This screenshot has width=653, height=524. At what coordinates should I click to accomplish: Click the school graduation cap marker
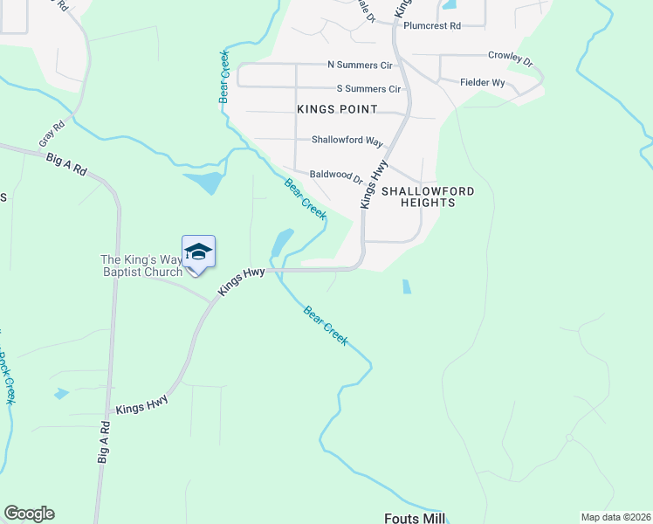pyautogui.click(x=198, y=252)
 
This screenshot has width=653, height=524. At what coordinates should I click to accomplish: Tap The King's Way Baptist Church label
pyautogui.click(x=141, y=265)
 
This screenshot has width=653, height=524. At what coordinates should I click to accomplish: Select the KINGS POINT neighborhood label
pyautogui.click(x=337, y=109)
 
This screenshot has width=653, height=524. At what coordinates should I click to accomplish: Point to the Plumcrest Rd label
pyautogui.click(x=431, y=26)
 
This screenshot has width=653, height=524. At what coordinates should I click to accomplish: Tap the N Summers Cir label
pyautogui.click(x=360, y=65)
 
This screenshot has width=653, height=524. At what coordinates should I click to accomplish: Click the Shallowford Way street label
pyautogui.click(x=348, y=141)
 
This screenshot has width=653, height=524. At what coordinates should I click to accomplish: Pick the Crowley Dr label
pyautogui.click(x=510, y=58)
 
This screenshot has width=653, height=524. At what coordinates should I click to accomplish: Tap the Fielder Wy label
pyautogui.click(x=483, y=83)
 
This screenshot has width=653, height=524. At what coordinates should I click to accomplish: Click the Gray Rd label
pyautogui.click(x=52, y=134)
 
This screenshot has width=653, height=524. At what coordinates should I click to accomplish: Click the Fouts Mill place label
pyautogui.click(x=415, y=518)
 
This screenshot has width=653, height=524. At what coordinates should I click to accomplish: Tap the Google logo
pyautogui.click(x=29, y=514)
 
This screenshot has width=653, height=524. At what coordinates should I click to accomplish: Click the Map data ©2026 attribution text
pyautogui.click(x=615, y=517)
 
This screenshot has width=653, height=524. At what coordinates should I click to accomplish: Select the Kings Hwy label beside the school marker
pyautogui.click(x=241, y=284)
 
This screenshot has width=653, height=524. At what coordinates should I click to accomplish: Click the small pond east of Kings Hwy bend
pyautogui.click(x=406, y=286)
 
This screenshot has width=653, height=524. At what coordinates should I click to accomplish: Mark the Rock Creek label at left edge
pyautogui.click(x=7, y=376)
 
